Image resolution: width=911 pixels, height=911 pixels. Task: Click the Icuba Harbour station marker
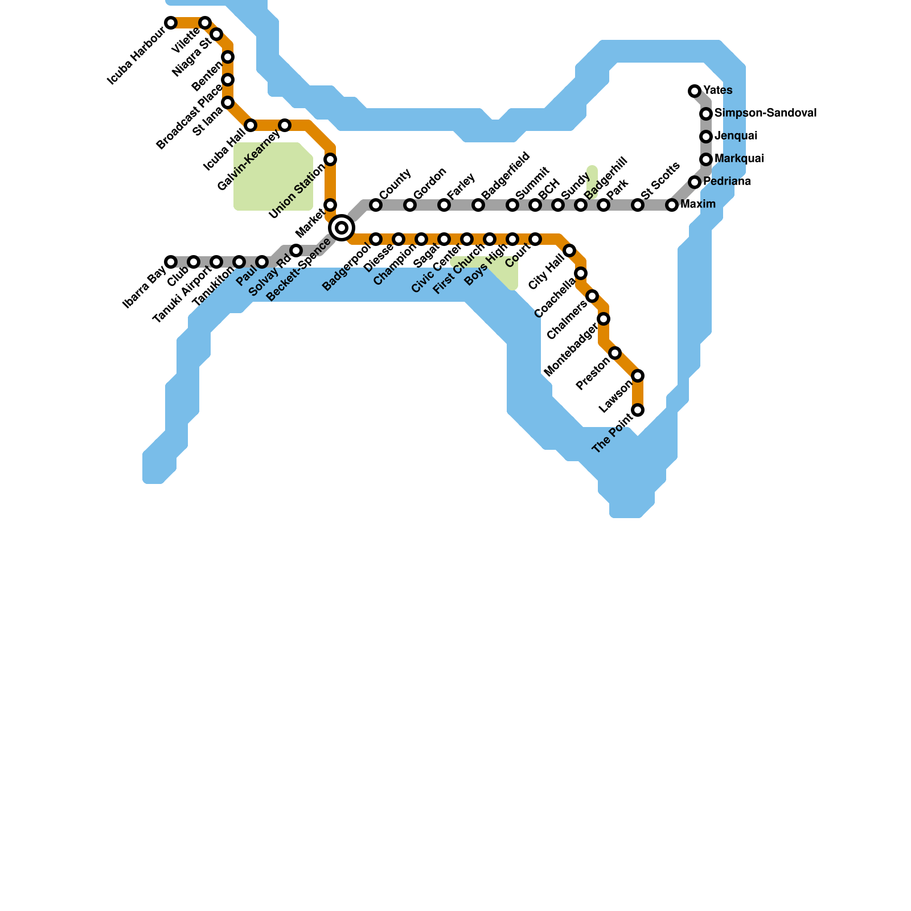click(x=171, y=23)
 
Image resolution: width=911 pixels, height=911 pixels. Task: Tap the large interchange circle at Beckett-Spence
click(x=342, y=228)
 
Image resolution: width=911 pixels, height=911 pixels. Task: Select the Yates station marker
click(x=695, y=91)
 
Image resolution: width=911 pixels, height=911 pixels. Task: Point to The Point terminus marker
click(x=638, y=410)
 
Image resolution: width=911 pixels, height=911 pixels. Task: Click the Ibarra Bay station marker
click(x=171, y=262)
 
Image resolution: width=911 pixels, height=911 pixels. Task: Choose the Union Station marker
click(x=330, y=159)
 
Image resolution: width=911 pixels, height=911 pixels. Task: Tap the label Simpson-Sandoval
click(x=765, y=113)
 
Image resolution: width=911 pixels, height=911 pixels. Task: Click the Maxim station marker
click(x=672, y=205)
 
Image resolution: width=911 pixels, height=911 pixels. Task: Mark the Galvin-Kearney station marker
click(x=285, y=125)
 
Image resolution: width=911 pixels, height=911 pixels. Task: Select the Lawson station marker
click(x=638, y=376)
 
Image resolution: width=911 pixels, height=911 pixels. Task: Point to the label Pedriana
click(x=727, y=182)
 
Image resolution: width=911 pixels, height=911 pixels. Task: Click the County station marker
click(x=376, y=205)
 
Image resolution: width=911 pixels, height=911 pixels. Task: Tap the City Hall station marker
click(x=569, y=251)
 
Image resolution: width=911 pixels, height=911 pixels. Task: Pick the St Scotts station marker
click(x=638, y=205)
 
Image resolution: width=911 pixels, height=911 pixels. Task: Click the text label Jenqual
click(x=736, y=136)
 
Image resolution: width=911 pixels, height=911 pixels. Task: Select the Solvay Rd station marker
click(x=296, y=251)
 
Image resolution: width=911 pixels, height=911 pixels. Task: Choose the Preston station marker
click(x=615, y=353)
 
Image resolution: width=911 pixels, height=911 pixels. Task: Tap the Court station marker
click(x=535, y=239)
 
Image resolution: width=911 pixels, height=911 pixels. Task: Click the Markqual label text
click(x=739, y=158)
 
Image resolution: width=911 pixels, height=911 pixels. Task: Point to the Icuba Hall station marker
click(x=251, y=125)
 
